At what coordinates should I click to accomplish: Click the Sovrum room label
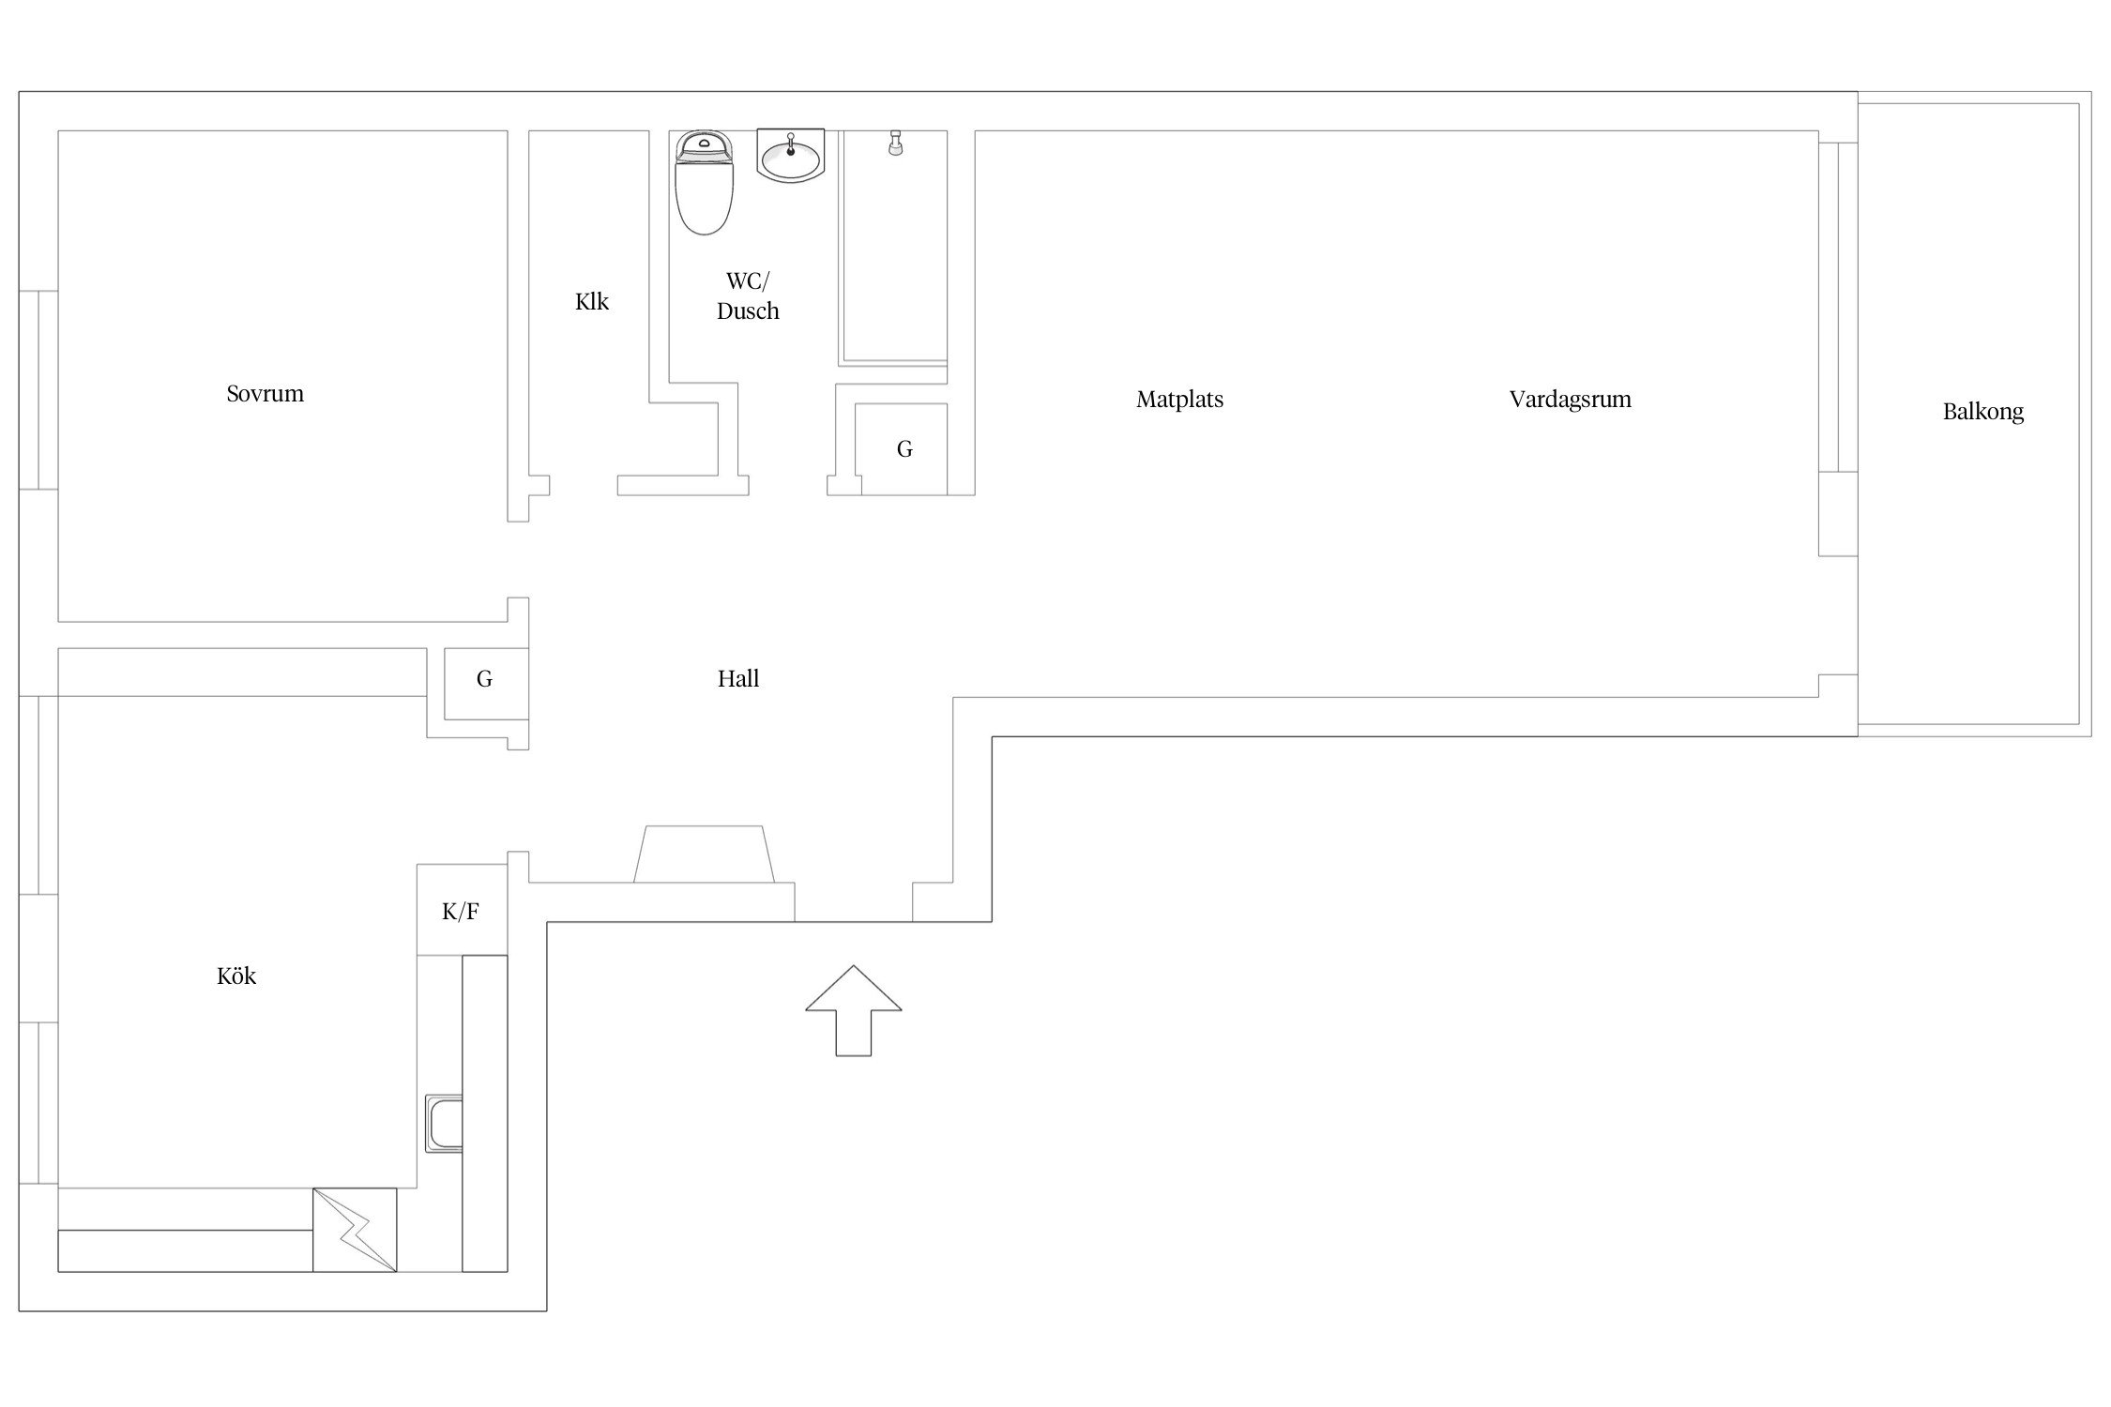point(266,393)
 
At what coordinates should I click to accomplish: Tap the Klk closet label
point(592,301)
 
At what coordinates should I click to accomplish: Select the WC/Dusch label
point(748,295)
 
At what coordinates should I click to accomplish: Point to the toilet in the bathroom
point(704,182)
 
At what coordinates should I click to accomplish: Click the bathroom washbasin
point(790,155)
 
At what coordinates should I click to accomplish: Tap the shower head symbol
point(895,143)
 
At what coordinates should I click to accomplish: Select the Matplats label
point(1179,400)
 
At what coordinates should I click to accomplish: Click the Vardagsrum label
point(1570,400)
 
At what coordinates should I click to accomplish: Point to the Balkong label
point(1982,412)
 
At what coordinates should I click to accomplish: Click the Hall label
point(738,678)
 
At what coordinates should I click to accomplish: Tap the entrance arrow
point(854,1010)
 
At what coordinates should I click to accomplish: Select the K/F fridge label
point(461,911)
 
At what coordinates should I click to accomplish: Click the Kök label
point(236,976)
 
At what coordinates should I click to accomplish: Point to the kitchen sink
point(444,1123)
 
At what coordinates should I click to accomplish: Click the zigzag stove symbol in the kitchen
point(355,1230)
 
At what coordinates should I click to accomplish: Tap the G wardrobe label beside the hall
point(484,679)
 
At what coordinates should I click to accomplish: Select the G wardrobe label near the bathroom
point(904,449)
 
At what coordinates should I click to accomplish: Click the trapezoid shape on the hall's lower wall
point(704,854)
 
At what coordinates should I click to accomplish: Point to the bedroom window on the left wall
point(38,390)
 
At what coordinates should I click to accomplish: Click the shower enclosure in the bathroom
point(893,248)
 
